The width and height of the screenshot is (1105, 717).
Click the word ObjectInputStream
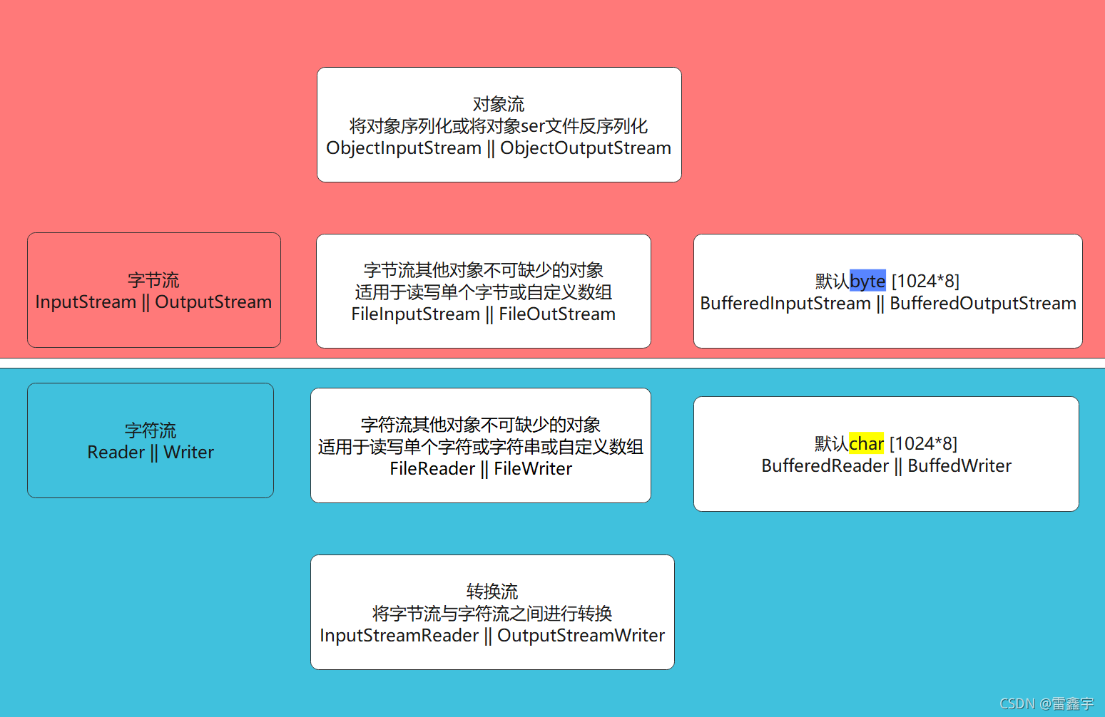tap(404, 148)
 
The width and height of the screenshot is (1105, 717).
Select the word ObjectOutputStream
tap(586, 148)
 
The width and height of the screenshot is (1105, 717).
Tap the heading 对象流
tap(499, 104)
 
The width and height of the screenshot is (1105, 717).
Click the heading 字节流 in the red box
tap(153, 279)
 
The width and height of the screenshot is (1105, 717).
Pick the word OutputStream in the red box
tap(213, 302)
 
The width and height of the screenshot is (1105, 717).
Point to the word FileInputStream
tap(415, 314)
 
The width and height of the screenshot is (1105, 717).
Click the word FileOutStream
tap(557, 314)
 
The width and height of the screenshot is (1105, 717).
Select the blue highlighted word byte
tap(867, 281)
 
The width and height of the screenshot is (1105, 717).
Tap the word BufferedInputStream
tap(785, 304)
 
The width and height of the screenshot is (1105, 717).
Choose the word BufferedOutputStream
tap(983, 304)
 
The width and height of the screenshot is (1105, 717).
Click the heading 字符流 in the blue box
tap(150, 430)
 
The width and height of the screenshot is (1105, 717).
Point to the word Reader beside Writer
tap(116, 453)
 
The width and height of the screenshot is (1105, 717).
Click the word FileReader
tap(432, 469)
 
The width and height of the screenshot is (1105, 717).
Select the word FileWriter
tap(533, 469)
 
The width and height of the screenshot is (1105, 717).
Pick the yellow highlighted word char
tap(867, 443)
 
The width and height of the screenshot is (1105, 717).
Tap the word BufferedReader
tap(825, 466)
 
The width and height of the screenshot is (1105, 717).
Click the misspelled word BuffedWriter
tap(959, 466)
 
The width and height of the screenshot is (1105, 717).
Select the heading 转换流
tap(492, 591)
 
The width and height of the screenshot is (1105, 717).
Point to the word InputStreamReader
tap(399, 636)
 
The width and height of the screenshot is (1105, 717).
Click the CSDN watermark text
tap(1047, 703)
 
